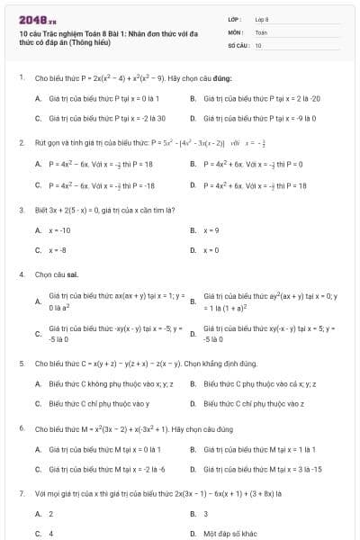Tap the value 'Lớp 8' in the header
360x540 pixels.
pyautogui.click(x=262, y=19)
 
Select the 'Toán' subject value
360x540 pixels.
pyautogui.click(x=261, y=31)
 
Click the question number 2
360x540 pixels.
pyautogui.click(x=21, y=143)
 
